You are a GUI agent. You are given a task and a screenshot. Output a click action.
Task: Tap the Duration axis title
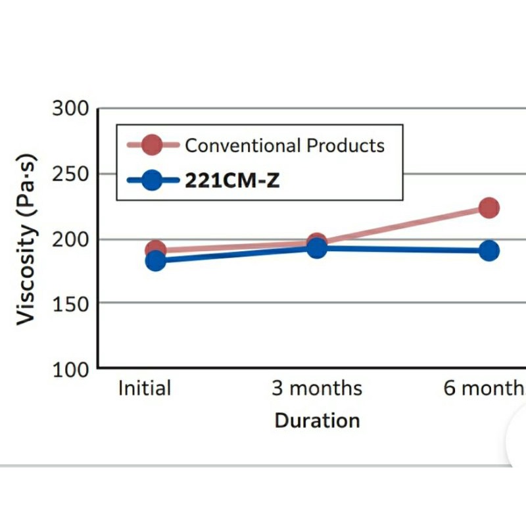[317, 420]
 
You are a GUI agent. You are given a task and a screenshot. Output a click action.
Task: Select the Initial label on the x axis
[144, 388]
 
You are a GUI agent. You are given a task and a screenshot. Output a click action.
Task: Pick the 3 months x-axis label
[317, 388]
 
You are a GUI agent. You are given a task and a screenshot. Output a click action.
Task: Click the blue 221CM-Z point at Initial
[156, 260]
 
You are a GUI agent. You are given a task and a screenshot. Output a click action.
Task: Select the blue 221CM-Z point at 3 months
[317, 249]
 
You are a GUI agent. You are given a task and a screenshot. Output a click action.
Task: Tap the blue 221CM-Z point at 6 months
[489, 251]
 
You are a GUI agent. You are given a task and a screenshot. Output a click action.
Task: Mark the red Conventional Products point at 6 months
[489, 208]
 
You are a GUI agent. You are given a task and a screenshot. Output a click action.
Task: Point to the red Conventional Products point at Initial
[155, 249]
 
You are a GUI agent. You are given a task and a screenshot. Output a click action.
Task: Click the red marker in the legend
[152, 145]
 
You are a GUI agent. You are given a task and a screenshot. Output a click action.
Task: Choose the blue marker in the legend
[152, 179]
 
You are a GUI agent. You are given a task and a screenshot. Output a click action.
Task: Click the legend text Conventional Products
[284, 145]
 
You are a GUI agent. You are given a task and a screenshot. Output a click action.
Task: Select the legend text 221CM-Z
[232, 180]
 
